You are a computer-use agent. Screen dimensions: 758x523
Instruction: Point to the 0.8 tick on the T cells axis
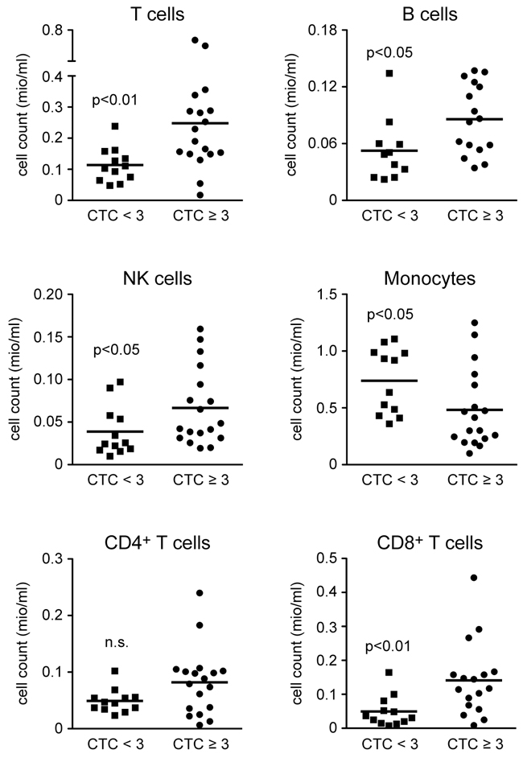(55, 32)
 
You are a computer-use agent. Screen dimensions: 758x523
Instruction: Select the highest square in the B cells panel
(389, 73)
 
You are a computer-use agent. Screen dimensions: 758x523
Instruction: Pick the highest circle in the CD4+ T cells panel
(200, 593)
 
